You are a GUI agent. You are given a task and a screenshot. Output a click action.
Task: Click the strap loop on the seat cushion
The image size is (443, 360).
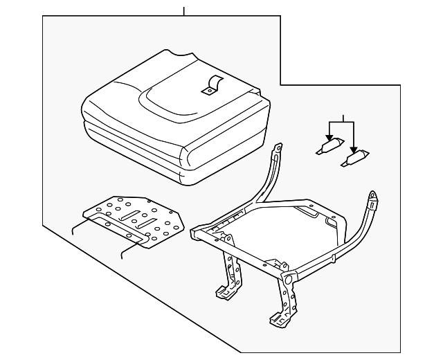210,85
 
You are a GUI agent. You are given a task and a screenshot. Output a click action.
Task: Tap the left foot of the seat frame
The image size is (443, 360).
224,294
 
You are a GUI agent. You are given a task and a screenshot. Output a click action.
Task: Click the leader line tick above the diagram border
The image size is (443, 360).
184,11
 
